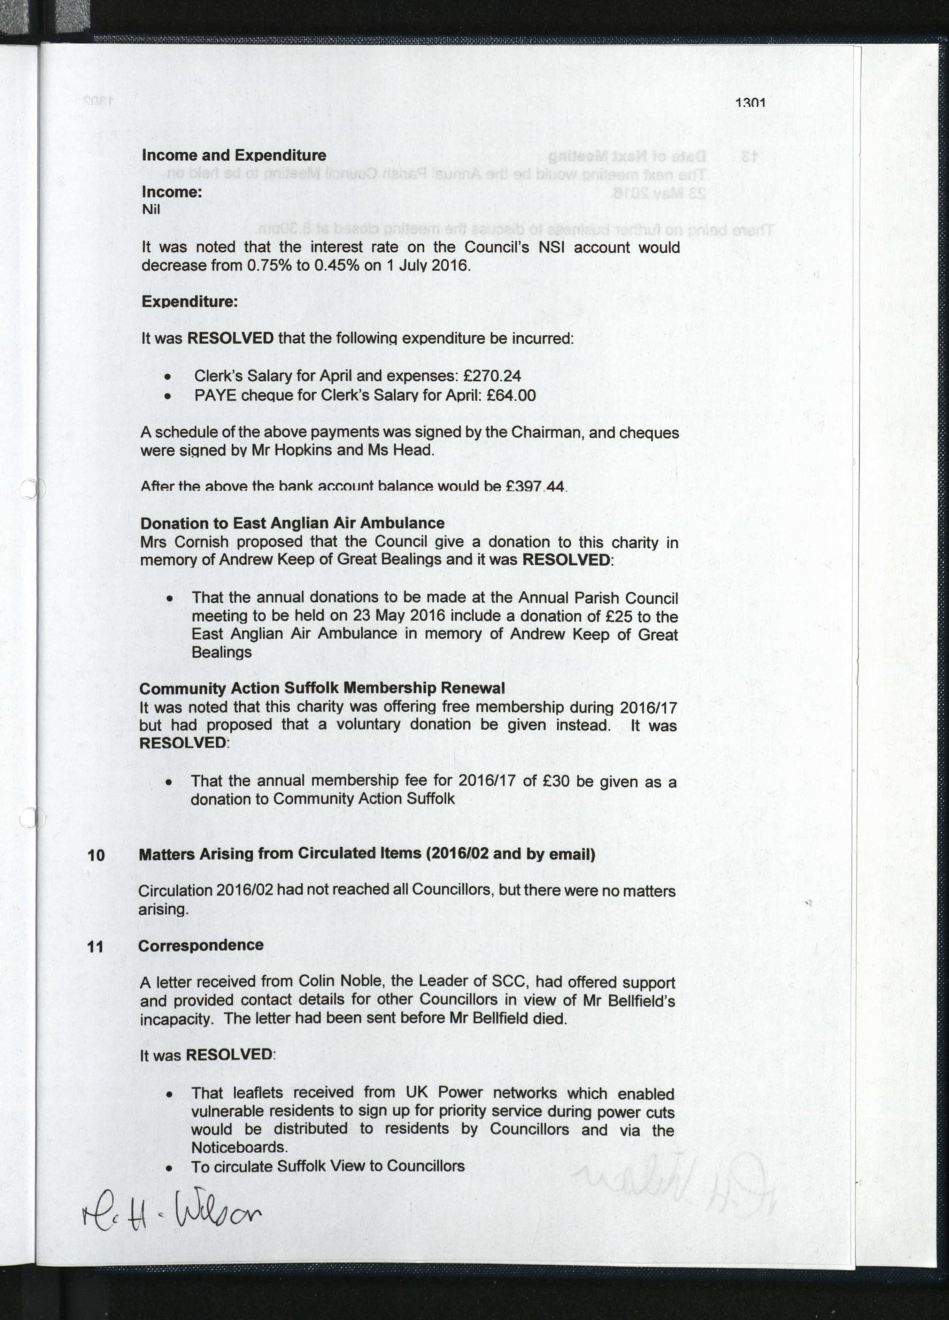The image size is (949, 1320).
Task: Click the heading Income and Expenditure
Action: (234, 155)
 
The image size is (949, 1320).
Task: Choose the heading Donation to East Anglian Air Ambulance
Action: (292, 523)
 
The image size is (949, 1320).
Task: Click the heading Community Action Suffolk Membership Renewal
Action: (322, 688)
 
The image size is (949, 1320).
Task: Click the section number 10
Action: (96, 855)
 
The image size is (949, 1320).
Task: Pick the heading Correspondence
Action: (201, 945)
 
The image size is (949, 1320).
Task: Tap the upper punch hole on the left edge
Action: (30, 489)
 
